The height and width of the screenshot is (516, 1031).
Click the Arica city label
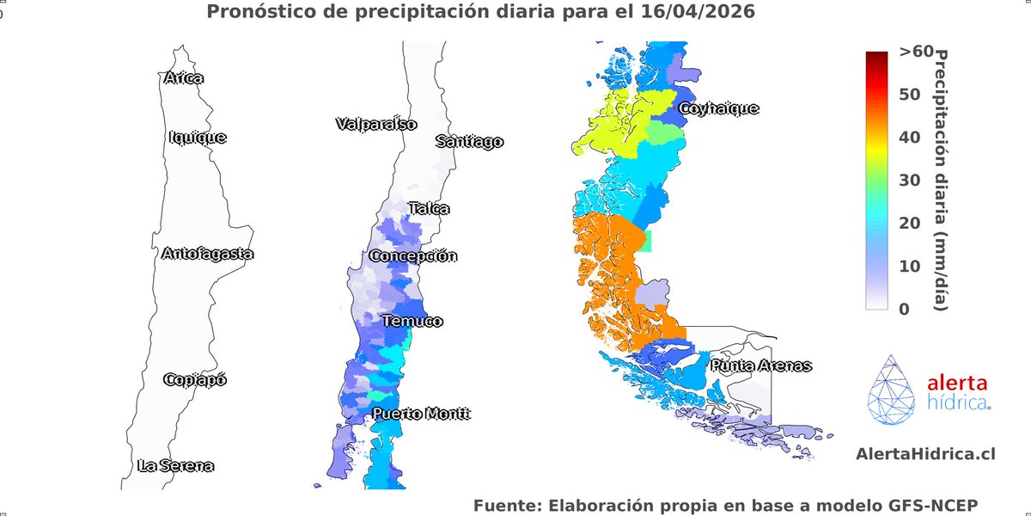(183, 78)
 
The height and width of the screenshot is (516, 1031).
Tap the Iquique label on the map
(198, 137)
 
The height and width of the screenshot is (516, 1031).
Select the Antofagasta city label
(207, 254)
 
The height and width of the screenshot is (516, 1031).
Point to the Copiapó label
(195, 379)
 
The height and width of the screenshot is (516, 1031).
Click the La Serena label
(175, 466)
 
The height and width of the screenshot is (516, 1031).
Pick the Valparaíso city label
(375, 124)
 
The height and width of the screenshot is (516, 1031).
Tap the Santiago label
(468, 142)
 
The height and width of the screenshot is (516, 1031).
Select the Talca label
(429, 208)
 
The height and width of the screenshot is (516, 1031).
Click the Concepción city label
(413, 256)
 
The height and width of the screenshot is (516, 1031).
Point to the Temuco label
(412, 321)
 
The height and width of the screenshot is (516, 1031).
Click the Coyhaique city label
(719, 108)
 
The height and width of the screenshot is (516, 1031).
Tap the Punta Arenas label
(760, 365)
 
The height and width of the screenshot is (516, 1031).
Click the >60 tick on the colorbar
(915, 52)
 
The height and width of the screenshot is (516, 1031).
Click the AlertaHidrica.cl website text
(913, 453)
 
